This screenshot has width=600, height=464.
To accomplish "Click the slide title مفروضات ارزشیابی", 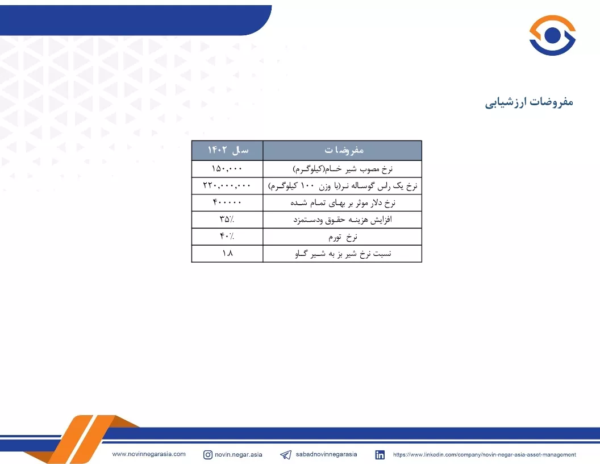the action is tap(529, 102).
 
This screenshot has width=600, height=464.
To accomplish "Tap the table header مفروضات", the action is tap(344, 150).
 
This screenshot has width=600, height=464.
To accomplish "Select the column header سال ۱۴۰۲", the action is tap(228, 150).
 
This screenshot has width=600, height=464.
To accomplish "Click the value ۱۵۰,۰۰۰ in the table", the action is tap(227, 168).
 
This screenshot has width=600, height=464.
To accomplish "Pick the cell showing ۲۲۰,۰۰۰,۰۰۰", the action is tap(227, 185).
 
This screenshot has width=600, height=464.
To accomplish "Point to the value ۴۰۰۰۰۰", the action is tap(227, 202).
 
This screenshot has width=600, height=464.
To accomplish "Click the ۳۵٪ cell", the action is tap(227, 219).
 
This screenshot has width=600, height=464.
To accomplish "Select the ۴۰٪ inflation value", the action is tap(227, 236).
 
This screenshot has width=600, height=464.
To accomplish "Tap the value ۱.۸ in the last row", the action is tap(227, 253).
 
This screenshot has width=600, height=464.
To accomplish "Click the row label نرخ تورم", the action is tap(343, 237).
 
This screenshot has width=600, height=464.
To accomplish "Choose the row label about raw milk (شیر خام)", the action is tap(343, 169).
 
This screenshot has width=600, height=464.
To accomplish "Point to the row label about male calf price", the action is tap(343, 186).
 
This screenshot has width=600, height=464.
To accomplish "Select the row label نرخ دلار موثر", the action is tap(343, 203).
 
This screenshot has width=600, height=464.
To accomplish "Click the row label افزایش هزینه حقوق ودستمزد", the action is tap(343, 219).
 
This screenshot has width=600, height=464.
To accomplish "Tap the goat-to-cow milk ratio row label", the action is tap(343, 254).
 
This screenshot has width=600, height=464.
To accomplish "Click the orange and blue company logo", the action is tap(552, 35).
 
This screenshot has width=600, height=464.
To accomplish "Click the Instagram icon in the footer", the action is tap(208, 455).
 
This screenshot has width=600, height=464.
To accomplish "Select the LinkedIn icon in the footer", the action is tap(380, 455).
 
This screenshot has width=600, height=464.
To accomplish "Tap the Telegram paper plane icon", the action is tap(286, 455).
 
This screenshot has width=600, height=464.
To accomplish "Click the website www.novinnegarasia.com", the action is tap(149, 454).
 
